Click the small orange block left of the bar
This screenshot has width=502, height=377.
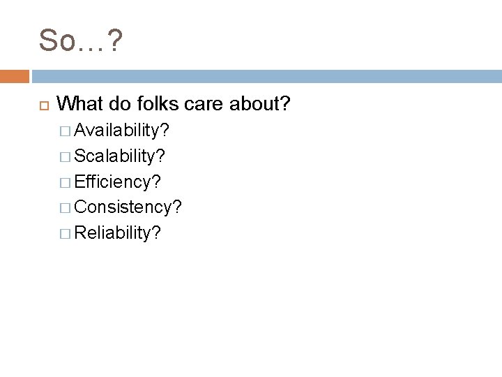[15, 76]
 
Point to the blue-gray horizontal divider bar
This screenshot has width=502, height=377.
[266, 76]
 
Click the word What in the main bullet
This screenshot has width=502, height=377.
[78, 104]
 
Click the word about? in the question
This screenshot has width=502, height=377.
[263, 104]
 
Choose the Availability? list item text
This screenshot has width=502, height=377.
[123, 131]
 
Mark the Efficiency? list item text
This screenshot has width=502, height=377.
[117, 182]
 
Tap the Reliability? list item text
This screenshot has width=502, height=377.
[117, 232]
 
